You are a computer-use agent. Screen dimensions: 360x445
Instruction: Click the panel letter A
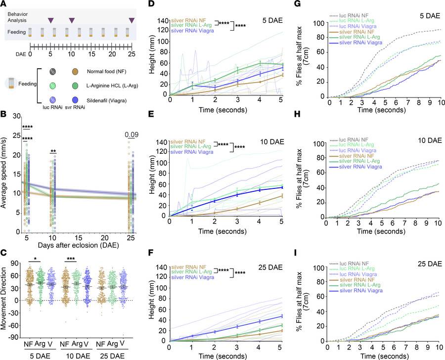tap(4, 4)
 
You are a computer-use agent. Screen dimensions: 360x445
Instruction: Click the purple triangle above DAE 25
tap(132, 20)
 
